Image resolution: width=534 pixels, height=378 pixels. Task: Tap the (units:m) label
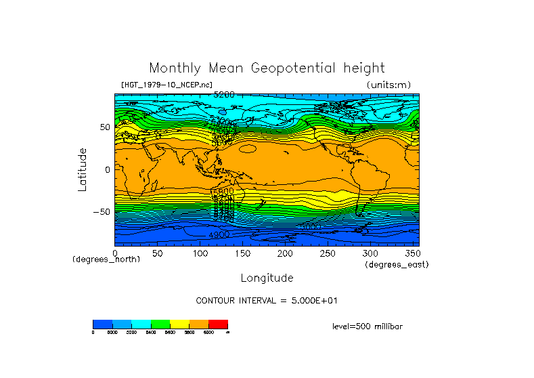(388, 85)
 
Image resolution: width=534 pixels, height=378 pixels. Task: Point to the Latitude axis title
(83, 169)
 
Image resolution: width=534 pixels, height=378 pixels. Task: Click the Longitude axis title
(267, 278)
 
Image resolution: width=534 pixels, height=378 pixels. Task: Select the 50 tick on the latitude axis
(104, 127)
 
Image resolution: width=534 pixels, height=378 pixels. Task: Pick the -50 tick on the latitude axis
(102, 211)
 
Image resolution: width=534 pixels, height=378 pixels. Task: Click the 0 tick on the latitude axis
(107, 169)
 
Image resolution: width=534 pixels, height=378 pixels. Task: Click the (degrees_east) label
(397, 264)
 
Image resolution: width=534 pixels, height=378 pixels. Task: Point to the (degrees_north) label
(106, 259)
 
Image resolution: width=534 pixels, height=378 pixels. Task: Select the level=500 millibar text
(368, 326)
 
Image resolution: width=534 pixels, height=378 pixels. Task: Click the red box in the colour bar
(218, 324)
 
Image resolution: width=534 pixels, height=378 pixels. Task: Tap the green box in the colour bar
(160, 324)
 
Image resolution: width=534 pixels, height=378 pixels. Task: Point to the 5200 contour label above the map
(224, 94)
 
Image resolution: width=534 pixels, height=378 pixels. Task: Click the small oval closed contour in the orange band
(248, 148)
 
